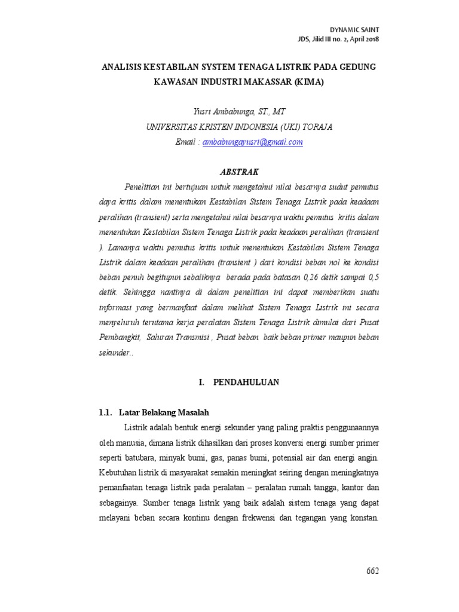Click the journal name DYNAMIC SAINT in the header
pyautogui.click(x=354, y=29)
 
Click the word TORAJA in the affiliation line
pyautogui.click(x=317, y=127)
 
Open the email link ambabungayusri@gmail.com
pyautogui.click(x=253, y=142)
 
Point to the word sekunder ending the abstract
pyautogui.click(x=115, y=353)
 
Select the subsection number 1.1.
pyautogui.click(x=105, y=412)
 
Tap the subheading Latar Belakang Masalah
pyautogui.click(x=164, y=412)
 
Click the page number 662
pyautogui.click(x=372, y=571)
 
